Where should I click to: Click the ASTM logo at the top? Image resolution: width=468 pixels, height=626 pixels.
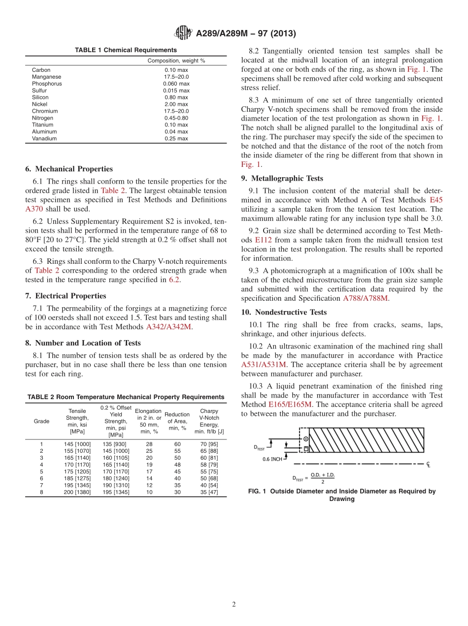[184, 33]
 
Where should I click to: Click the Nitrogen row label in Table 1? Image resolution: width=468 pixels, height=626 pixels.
[42, 118]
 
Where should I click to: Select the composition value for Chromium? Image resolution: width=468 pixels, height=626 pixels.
[176, 111]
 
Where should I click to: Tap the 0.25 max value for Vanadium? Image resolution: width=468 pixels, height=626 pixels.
[176, 139]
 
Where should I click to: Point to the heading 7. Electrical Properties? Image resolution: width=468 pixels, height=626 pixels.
[66, 296]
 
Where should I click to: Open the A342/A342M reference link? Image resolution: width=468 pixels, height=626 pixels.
[168, 327]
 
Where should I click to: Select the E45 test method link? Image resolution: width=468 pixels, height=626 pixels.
[436, 200]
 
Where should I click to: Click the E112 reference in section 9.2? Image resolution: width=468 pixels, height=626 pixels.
[263, 240]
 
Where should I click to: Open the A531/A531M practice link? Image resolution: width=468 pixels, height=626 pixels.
[263, 365]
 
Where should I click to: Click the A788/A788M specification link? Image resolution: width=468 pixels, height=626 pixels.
[365, 298]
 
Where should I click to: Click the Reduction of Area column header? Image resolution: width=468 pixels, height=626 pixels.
[177, 421]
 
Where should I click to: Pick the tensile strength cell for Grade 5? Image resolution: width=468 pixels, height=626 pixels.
[77, 471]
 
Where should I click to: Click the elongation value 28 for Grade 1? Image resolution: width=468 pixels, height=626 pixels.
[149, 444]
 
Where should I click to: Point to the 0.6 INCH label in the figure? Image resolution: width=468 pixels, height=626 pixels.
[273, 459]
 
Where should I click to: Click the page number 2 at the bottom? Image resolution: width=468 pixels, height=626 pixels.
[234, 605]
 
